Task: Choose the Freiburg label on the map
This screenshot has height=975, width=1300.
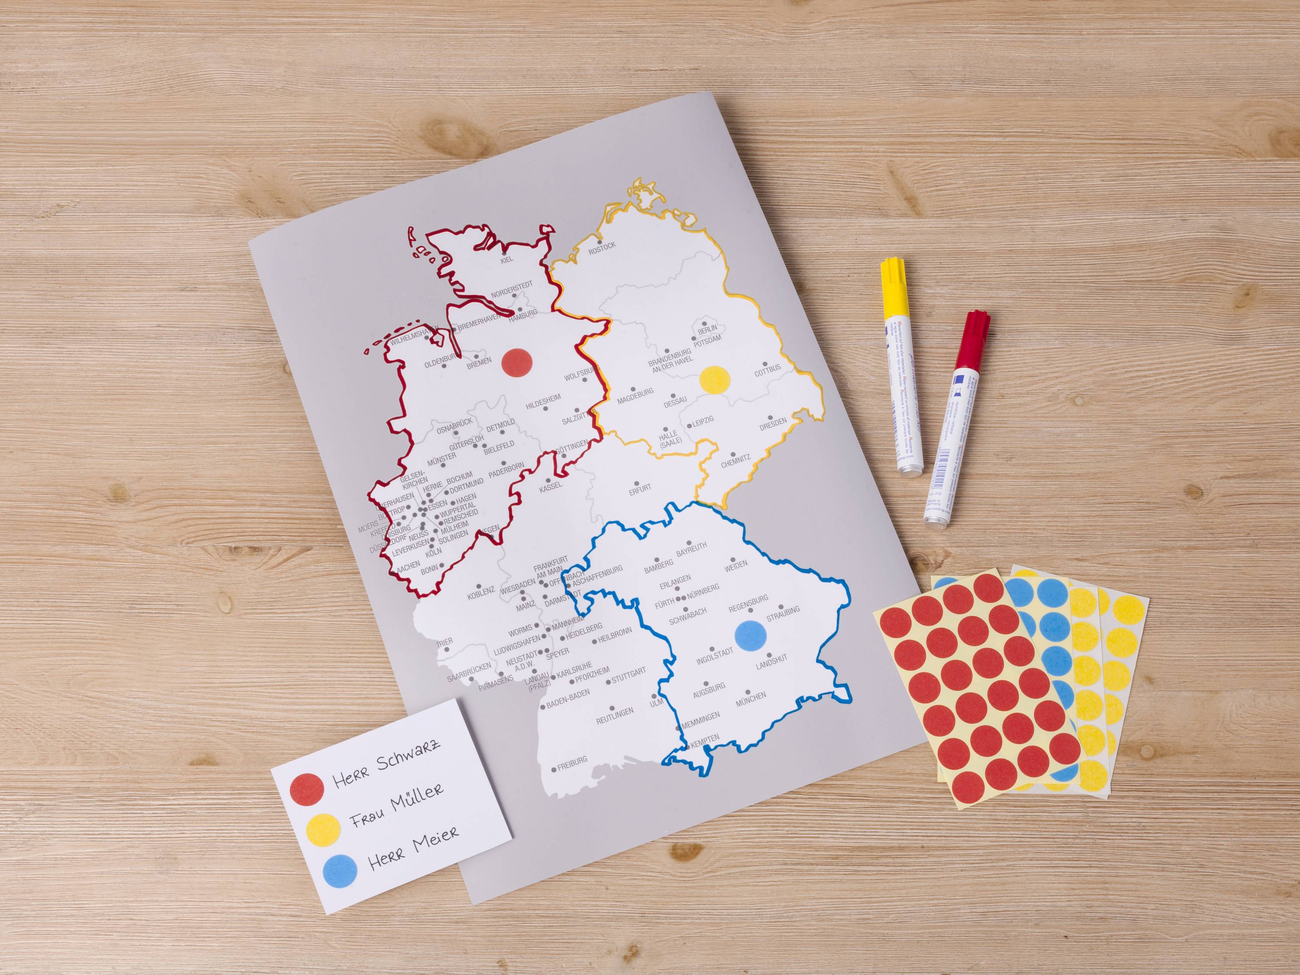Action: tap(571, 762)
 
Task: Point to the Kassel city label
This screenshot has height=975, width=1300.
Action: tap(551, 486)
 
